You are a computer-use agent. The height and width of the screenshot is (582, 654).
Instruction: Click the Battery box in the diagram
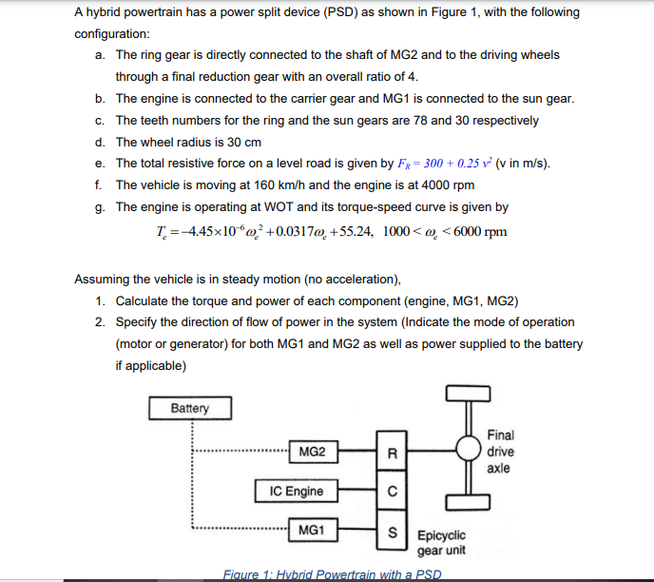tap(189, 408)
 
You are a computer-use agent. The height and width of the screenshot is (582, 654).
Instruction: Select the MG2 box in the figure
tap(311, 453)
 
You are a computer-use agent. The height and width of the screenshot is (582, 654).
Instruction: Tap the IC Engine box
tap(297, 492)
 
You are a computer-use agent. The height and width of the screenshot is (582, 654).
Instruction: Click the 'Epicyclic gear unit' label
tap(442, 543)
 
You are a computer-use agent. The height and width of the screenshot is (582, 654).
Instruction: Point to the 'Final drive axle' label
tap(500, 452)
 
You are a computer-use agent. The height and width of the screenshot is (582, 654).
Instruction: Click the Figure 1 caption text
tap(332, 573)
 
